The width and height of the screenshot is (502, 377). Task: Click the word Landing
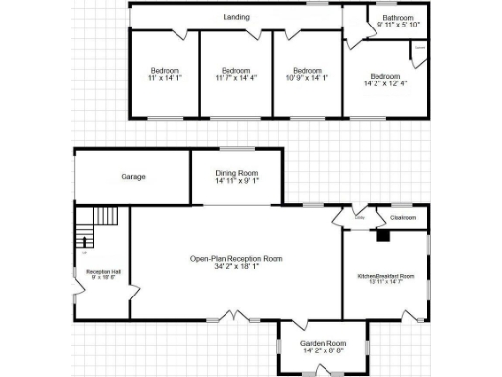click(235, 18)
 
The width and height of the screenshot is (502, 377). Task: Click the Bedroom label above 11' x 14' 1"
click(165, 70)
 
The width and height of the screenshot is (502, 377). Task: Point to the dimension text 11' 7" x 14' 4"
click(236, 78)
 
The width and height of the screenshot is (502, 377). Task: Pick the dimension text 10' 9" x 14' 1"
click(308, 78)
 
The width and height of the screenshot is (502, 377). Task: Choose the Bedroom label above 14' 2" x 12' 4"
click(385, 76)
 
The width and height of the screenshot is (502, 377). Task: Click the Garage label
click(133, 176)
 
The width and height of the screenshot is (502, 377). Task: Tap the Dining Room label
click(236, 173)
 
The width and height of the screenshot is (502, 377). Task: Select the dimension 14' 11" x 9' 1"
click(236, 181)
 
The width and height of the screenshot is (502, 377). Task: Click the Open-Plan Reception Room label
click(236, 258)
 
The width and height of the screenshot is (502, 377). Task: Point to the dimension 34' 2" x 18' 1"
click(236, 266)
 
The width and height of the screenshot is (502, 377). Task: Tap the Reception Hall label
click(102, 271)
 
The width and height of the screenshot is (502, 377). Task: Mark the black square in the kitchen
click(383, 236)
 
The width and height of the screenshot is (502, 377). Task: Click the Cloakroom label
click(403, 217)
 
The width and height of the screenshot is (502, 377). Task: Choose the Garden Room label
click(323, 343)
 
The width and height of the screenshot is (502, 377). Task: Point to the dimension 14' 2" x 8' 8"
click(323, 350)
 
